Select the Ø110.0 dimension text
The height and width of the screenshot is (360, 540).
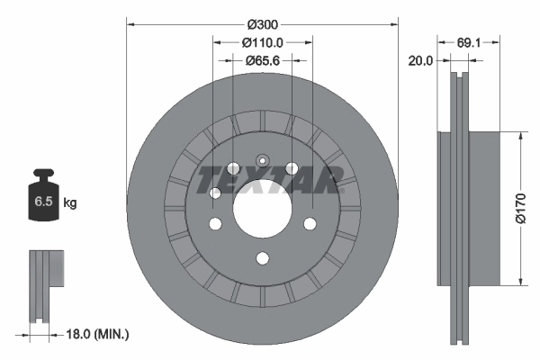click(x=263, y=41)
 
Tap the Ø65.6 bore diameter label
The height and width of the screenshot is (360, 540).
click(x=263, y=60)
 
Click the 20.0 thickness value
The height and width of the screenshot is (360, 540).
click(x=420, y=60)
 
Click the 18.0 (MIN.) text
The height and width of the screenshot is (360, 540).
click(x=100, y=334)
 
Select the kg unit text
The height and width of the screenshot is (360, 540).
click(x=70, y=203)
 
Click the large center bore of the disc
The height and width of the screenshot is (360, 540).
click(x=262, y=211)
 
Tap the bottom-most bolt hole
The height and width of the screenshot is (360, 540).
click(x=262, y=259)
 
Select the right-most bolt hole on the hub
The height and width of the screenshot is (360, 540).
click(x=310, y=223)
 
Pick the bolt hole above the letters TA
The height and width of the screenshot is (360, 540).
click(x=291, y=166)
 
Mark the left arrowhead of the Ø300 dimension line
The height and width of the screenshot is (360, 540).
click(x=130, y=22)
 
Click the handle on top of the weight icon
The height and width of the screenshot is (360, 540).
click(x=42, y=174)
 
